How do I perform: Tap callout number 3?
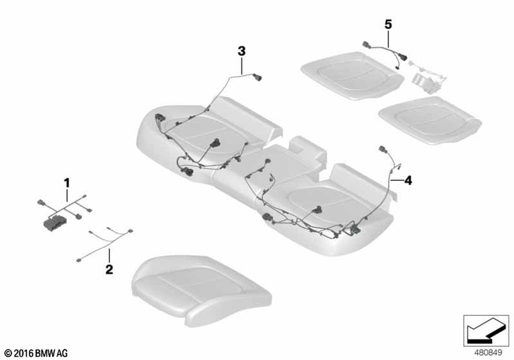coord(242,51)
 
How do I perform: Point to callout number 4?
coord(408,180)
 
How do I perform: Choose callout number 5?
coord(388,24)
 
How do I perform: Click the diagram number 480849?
coord(488,353)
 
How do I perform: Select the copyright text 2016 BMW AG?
coord(36,353)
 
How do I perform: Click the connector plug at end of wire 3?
coord(258,77)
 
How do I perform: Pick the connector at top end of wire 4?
coord(383,149)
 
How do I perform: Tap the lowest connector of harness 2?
coord(79,260)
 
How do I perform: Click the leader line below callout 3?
coord(242,65)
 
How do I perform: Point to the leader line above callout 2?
coord(109,256)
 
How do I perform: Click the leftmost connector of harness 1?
coord(41,202)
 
